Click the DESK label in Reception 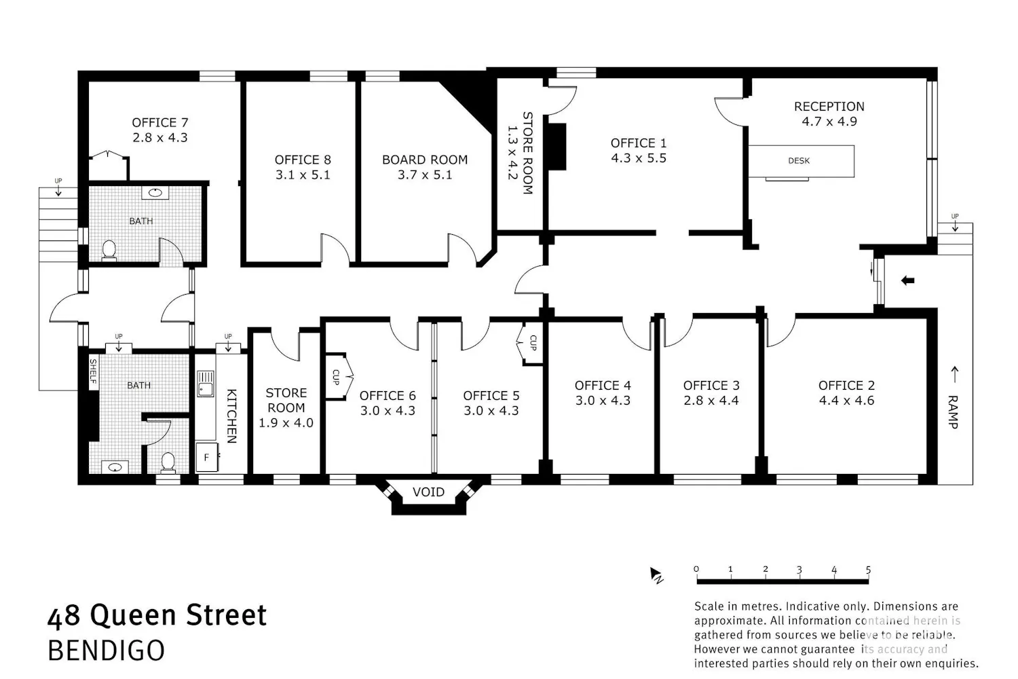[x=799, y=160]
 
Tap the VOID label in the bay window [x=428, y=492]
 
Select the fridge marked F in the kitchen [x=207, y=457]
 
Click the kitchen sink [x=206, y=384]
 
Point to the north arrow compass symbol [x=656, y=575]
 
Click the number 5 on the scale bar [x=868, y=570]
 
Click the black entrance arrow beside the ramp [x=907, y=280]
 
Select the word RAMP [x=953, y=412]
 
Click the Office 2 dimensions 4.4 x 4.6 [x=846, y=401]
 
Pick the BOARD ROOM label [x=424, y=160]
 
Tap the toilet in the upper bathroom [x=109, y=251]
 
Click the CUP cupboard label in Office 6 [x=336, y=377]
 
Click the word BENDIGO [x=107, y=650]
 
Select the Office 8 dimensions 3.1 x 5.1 [x=303, y=175]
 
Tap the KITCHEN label [x=231, y=416]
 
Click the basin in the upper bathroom [x=155, y=193]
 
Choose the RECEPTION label [x=829, y=107]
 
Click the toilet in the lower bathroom [x=168, y=462]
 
